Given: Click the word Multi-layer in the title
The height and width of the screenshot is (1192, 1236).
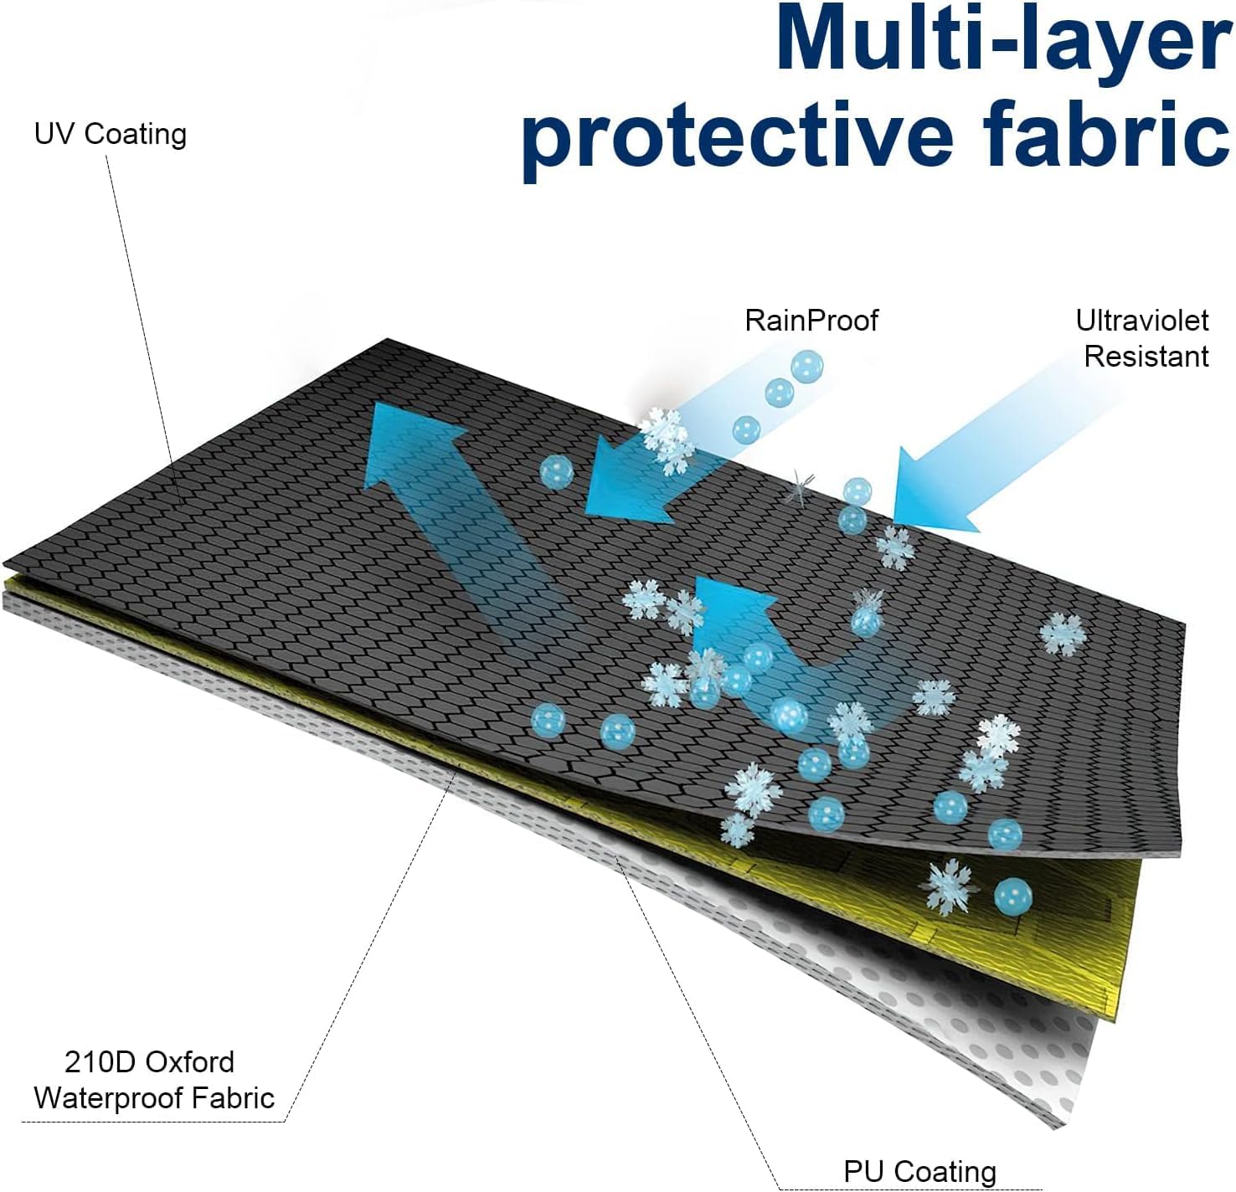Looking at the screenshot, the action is click(1003, 39).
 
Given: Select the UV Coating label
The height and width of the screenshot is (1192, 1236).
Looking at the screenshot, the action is click(111, 135).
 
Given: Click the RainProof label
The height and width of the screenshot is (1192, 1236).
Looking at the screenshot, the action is click(811, 320).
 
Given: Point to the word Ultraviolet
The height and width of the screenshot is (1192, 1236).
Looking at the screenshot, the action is click(1141, 320).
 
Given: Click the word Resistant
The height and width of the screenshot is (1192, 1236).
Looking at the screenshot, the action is click(1146, 357).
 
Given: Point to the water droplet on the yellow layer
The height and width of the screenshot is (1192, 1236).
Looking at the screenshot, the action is click(1012, 897).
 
